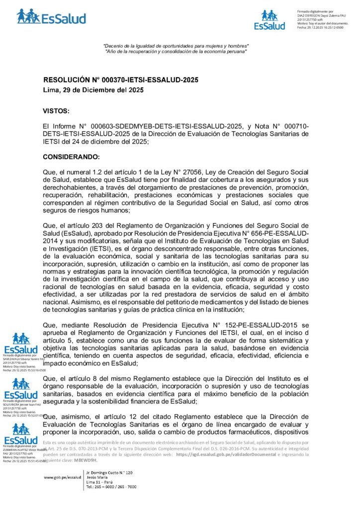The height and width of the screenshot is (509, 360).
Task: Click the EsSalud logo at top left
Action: pyautogui.click(x=51, y=17)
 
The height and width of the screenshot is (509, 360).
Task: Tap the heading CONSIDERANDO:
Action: pyautogui.click(x=72, y=157)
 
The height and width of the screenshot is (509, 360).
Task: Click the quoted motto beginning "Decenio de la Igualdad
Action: pyautogui.click(x=176, y=46)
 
